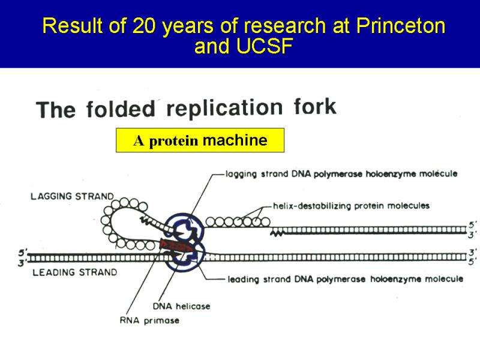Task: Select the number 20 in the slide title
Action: click(x=139, y=27)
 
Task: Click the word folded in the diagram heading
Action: click(x=121, y=110)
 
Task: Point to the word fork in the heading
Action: click(x=315, y=107)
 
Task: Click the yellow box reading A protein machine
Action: click(x=200, y=141)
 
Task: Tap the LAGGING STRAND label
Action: click(x=72, y=196)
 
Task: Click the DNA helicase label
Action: click(x=182, y=306)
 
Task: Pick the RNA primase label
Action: click(x=149, y=320)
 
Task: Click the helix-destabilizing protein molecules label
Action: click(x=351, y=206)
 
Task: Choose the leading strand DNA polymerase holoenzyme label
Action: click(x=345, y=279)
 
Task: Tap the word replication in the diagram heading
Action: click(x=224, y=109)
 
